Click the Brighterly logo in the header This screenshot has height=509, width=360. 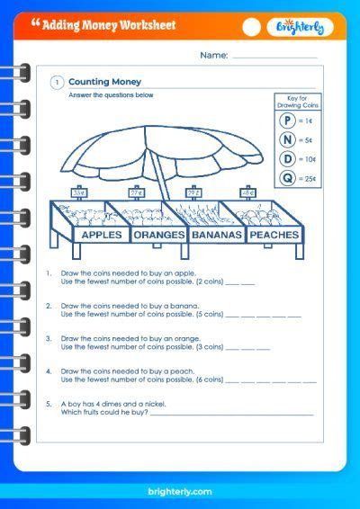pos(306,27)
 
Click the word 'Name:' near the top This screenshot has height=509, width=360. pos(214,56)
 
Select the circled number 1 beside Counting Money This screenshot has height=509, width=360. pos(57,83)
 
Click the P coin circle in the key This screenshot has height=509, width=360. pos(287,121)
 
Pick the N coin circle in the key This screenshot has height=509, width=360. pos(287,139)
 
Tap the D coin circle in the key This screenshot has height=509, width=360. pos(287,158)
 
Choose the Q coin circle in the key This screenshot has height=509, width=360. pos(287,177)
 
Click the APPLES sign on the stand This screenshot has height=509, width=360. pos(102,236)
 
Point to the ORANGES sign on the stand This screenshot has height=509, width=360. pos(158,236)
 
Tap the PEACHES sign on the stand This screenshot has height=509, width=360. pos(274,236)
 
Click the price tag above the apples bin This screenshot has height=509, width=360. pos(79,192)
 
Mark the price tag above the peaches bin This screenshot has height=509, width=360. pos(247,192)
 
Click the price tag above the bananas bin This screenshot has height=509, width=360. pos(193,192)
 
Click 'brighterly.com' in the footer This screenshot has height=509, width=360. pos(179,491)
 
